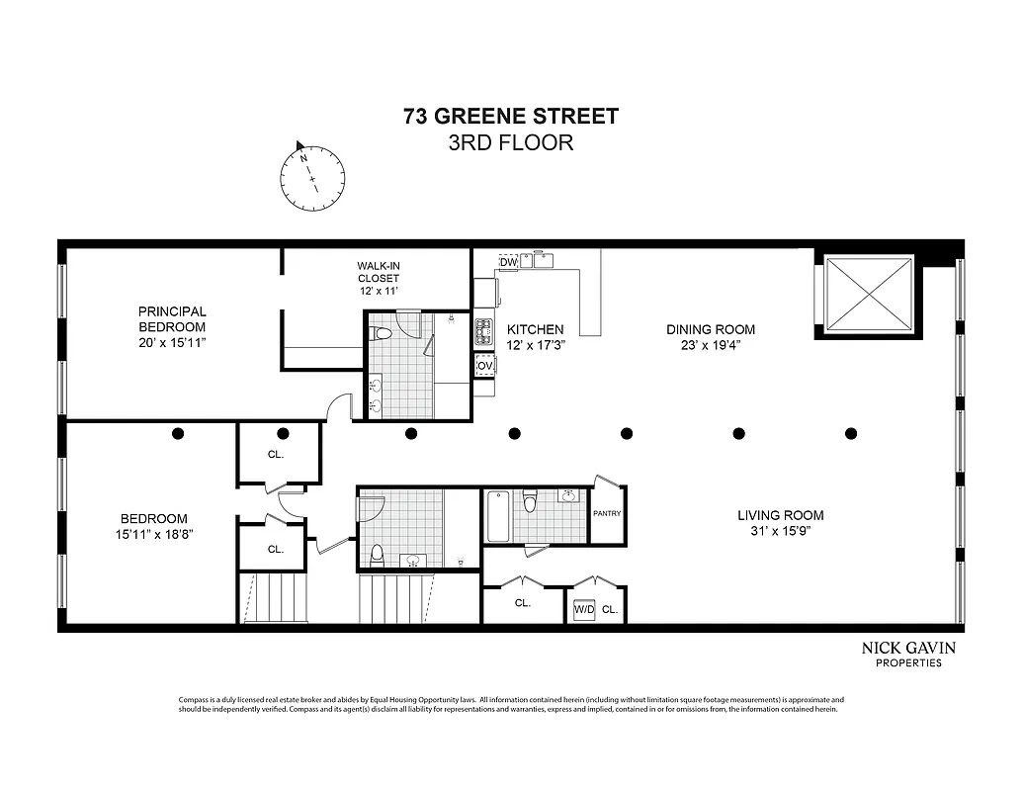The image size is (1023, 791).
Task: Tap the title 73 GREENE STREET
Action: click(x=511, y=117)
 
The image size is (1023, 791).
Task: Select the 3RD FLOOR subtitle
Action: click(x=511, y=142)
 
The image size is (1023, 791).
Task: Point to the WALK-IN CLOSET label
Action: click(x=379, y=278)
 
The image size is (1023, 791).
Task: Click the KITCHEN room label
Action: click(x=535, y=329)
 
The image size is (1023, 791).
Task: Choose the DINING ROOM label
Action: click(x=711, y=329)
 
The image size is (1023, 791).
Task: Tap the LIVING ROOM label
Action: click(x=780, y=515)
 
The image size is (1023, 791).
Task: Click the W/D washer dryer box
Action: click(x=584, y=610)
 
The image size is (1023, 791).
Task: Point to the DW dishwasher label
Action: click(x=508, y=262)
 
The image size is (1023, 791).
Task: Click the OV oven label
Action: click(x=484, y=366)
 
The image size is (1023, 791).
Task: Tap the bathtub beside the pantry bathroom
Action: click(x=498, y=516)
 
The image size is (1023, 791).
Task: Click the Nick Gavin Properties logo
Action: click(x=908, y=654)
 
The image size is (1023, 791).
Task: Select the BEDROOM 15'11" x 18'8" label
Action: click(x=153, y=526)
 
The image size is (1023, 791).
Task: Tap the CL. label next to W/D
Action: click(x=610, y=611)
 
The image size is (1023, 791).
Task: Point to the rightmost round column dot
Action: click(x=851, y=433)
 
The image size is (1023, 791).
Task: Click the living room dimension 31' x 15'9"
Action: click(x=780, y=531)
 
